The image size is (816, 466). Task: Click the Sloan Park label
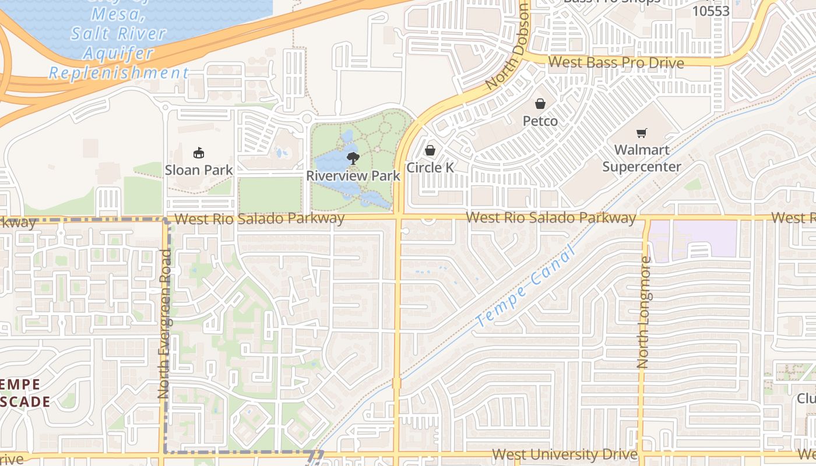(x=199, y=170)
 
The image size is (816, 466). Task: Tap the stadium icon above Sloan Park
(x=199, y=153)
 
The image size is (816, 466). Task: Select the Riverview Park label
(x=353, y=175)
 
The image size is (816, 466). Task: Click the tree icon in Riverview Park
(x=353, y=157)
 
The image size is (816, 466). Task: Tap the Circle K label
(x=430, y=168)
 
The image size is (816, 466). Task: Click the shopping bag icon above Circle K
(x=430, y=151)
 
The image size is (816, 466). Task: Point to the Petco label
(x=540, y=121)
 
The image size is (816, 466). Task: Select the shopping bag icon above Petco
(x=540, y=104)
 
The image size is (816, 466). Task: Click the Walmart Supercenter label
(x=641, y=158)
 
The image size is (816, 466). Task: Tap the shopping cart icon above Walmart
(x=642, y=133)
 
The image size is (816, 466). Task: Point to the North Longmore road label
(x=643, y=313)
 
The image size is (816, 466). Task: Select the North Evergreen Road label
(x=164, y=324)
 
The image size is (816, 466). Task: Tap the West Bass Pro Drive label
(x=616, y=62)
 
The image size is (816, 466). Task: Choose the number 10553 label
(x=711, y=11)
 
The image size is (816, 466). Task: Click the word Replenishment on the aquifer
(x=118, y=73)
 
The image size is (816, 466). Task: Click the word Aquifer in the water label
(x=118, y=53)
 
